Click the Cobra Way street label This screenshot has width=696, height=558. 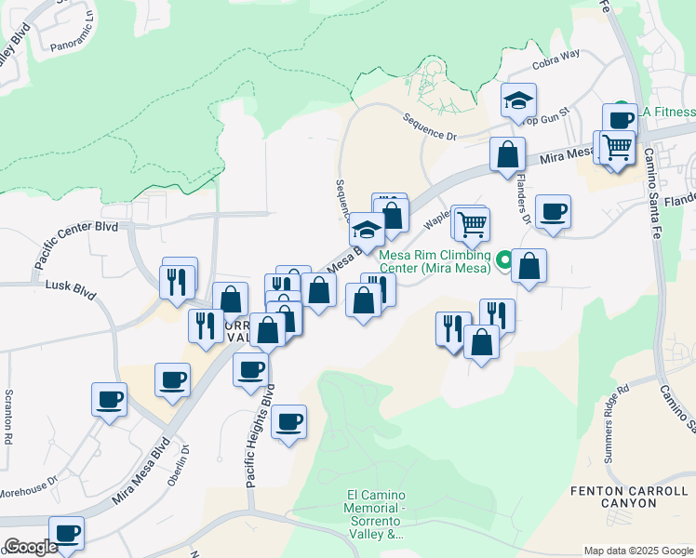pyautogui.click(x=555, y=60)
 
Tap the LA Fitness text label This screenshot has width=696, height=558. pyautogui.click(x=668, y=111)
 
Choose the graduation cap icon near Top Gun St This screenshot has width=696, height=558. pyautogui.click(x=518, y=100)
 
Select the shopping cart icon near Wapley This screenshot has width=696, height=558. pyautogui.click(x=473, y=222)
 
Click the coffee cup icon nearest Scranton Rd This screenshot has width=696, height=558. pyautogui.click(x=109, y=400)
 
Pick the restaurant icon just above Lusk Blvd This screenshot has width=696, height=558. pyautogui.click(x=178, y=278)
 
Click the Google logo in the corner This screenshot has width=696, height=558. pyautogui.click(x=30, y=547)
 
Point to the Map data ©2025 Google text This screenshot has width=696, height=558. pyautogui.click(x=639, y=551)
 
